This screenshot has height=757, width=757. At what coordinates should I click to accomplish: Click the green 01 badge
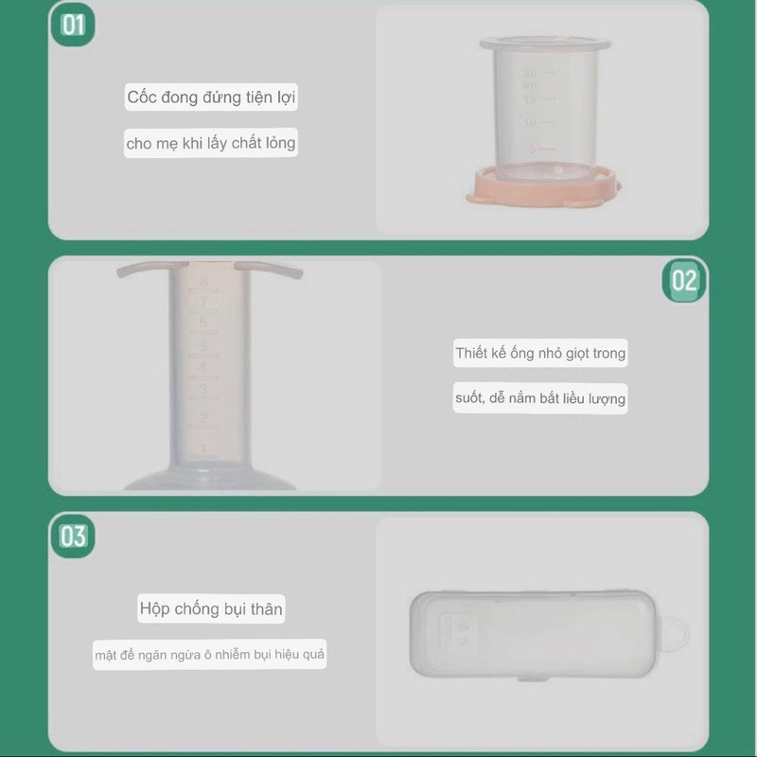73,25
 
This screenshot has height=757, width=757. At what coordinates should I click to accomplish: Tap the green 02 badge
684,280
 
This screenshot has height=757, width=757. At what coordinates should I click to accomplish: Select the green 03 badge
73,536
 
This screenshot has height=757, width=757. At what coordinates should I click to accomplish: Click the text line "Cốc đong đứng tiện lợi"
211,97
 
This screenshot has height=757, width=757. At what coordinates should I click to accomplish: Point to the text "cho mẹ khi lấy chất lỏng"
211,143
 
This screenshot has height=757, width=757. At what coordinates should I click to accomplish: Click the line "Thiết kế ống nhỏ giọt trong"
540,353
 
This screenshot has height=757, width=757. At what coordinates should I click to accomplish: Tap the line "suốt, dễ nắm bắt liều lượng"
540,398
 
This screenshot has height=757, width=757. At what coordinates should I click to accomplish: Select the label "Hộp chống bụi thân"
211,608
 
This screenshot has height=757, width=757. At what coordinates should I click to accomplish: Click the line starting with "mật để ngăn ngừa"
209,655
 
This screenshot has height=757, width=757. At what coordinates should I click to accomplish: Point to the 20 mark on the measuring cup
530,73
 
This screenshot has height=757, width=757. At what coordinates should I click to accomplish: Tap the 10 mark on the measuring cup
530,123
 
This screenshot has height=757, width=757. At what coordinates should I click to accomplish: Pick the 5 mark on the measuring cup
533,149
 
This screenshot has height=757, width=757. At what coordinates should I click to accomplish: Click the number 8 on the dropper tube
204,280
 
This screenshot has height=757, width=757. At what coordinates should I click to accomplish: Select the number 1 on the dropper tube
203,448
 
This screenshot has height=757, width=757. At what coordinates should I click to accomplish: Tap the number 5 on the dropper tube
203,346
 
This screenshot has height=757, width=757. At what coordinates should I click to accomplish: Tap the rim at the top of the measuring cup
546,44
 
